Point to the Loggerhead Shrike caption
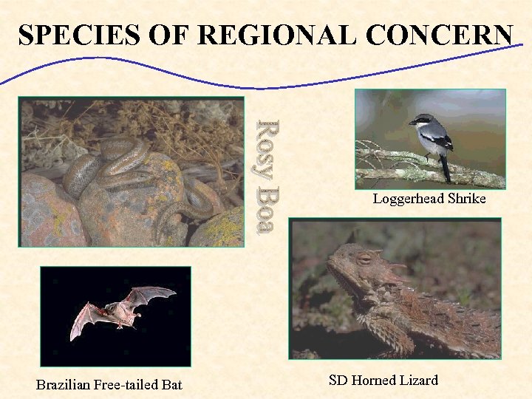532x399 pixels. pyautogui.click(x=429, y=199)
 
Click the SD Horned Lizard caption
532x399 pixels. pyautogui.click(x=383, y=381)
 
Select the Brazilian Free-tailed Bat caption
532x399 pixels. pyautogui.click(x=109, y=384)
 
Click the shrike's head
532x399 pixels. pyautogui.click(x=423, y=121)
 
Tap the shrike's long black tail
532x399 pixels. pyautogui.click(x=445, y=170)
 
